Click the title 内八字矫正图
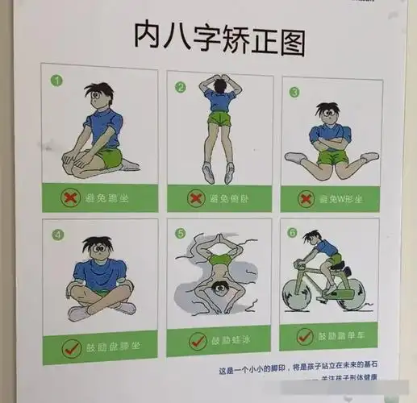pyautogui.click(x=219, y=39)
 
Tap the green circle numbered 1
pyautogui.click(x=56, y=81)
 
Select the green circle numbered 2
pyautogui.click(x=181, y=87)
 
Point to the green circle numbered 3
pyautogui.click(x=294, y=92)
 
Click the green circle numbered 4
pyautogui.click(x=56, y=235)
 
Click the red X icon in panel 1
pyautogui.click(x=73, y=196)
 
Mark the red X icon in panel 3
pyautogui.click(x=306, y=197)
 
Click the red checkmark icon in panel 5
pyautogui.click(x=198, y=342)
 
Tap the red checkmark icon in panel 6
pyautogui.click(x=305, y=336)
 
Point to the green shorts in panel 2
pyautogui.click(x=218, y=120)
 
